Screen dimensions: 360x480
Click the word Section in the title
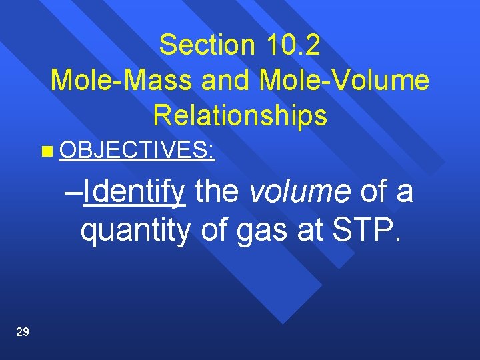pos(207,45)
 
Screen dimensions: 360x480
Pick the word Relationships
pos(240,115)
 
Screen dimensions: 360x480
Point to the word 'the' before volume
pos(216,192)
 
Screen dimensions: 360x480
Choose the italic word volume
pos(299,192)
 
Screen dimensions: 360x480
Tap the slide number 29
pos(22,332)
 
